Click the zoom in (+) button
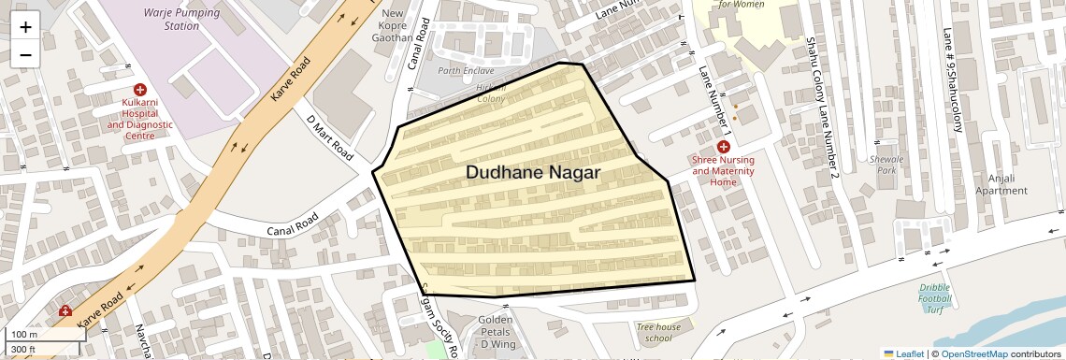point(25,26)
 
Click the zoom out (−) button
point(25,54)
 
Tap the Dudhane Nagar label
point(532,173)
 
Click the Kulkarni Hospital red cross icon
point(140,88)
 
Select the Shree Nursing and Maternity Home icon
point(723,147)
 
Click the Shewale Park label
point(882,166)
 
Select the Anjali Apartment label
point(1001,184)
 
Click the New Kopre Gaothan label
point(393,25)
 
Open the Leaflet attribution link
point(903,353)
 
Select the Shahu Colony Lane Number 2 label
point(821,105)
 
